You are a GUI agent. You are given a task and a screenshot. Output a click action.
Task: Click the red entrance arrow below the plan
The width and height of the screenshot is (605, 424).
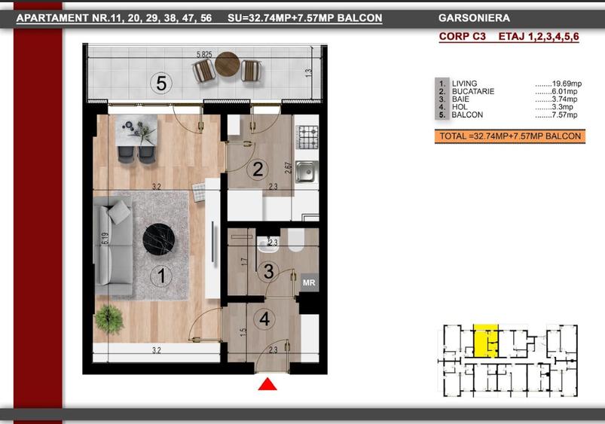click(x=267, y=384)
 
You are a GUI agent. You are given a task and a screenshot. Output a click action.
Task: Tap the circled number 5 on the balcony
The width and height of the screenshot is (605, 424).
click(x=161, y=83)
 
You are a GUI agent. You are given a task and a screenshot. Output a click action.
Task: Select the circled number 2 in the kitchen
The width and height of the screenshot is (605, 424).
click(x=258, y=169)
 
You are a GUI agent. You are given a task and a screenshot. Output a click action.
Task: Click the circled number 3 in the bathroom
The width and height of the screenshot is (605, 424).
click(x=268, y=271)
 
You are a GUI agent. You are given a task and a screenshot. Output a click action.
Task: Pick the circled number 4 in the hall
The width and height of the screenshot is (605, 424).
click(x=264, y=319)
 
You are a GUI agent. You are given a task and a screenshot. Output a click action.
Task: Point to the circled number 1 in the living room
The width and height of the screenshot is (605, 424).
click(x=161, y=276)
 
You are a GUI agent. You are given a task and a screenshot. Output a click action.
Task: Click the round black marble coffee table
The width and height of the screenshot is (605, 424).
click(x=158, y=239)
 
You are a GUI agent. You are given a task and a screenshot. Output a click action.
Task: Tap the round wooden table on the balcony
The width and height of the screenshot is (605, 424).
click(x=228, y=64)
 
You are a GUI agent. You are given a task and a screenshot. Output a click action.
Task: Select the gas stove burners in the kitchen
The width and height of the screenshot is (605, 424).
click(x=307, y=137)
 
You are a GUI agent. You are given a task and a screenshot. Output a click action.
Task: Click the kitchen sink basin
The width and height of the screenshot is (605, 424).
click(x=306, y=172)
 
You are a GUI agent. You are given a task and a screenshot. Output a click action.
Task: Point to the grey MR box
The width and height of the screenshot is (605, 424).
click(x=309, y=283)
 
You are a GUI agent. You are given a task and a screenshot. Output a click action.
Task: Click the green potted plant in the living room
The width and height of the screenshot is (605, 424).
click(x=109, y=319)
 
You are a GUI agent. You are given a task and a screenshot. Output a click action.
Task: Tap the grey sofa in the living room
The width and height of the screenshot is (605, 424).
click(x=113, y=246)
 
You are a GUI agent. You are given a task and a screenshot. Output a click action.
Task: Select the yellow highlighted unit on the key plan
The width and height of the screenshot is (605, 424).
click(x=485, y=340)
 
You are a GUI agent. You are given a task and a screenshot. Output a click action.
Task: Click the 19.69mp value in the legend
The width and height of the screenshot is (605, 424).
click(x=567, y=84)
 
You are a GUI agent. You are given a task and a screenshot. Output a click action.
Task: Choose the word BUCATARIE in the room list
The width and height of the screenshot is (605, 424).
click(x=473, y=91)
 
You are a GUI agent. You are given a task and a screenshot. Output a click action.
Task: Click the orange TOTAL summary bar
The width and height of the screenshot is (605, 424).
click(x=510, y=136)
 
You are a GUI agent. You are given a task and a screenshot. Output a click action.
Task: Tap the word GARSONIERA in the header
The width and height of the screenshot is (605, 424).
click(x=474, y=18)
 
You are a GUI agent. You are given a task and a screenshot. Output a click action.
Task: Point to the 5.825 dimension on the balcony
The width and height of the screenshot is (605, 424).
click(x=204, y=54)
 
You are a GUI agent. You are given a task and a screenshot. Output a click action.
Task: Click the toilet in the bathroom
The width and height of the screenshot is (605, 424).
click(x=296, y=240)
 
